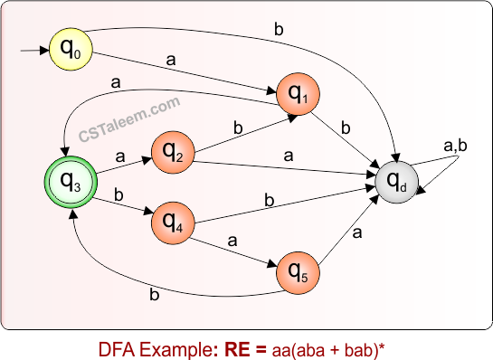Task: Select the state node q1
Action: pos(299,91)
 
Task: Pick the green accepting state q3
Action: pos(70,183)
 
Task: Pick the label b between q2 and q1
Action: pos(238,128)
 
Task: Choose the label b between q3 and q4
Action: pos(120,194)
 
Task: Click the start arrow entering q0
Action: pos(33,50)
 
